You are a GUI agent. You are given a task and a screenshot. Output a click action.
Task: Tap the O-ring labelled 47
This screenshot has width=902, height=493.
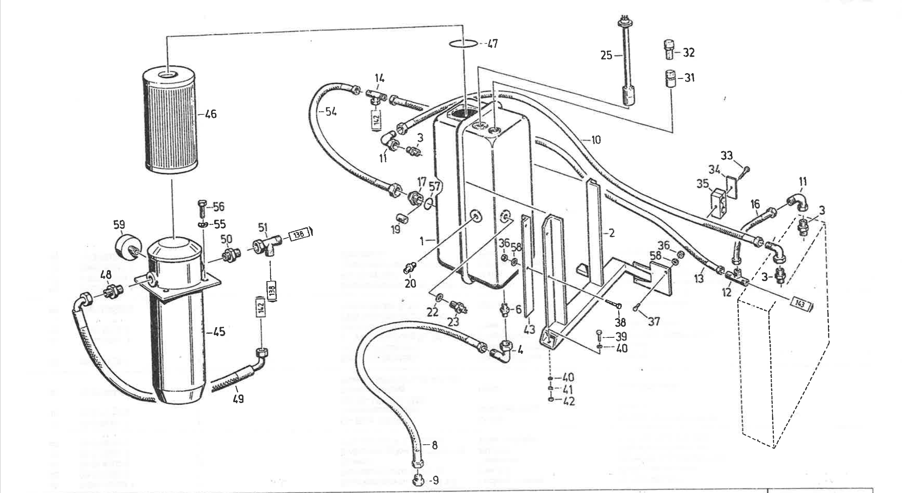[x=463, y=43]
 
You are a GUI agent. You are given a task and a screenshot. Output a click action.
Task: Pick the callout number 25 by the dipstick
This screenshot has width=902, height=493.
[x=606, y=55]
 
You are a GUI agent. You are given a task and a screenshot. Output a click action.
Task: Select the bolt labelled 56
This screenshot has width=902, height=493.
[x=200, y=207]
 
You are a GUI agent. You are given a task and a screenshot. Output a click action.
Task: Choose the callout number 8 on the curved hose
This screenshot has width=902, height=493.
[x=434, y=445]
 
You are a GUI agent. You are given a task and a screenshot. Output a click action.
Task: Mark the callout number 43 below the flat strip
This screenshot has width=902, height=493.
[x=529, y=329]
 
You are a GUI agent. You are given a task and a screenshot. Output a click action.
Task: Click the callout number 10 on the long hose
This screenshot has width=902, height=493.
[x=596, y=140]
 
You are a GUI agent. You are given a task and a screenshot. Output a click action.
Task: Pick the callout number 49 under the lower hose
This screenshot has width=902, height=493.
[x=238, y=399]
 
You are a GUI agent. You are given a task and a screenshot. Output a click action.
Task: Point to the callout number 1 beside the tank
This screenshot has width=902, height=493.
[x=423, y=241]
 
